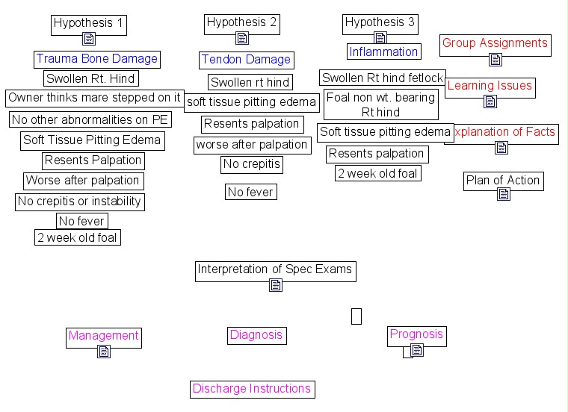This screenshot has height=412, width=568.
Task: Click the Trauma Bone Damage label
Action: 97,59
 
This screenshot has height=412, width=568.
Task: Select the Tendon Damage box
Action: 246,60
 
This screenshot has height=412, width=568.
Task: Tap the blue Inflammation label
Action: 383,51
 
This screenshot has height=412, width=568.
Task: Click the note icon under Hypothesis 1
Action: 89,39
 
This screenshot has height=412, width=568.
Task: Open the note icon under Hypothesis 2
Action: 241,38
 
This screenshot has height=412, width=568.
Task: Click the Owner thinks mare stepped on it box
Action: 94,98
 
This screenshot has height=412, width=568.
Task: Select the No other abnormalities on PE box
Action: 90,119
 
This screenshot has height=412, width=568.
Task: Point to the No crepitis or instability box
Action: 79,202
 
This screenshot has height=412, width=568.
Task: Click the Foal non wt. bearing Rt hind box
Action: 380,105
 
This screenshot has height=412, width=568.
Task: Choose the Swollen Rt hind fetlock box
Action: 383,78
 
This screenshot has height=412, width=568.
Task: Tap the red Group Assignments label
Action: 495,43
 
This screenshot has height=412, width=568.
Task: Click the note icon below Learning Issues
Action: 490,102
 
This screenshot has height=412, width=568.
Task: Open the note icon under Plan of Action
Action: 503,194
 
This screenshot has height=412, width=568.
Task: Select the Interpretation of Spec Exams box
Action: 274,269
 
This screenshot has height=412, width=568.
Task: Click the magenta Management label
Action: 103,336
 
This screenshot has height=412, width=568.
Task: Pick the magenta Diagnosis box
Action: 256,335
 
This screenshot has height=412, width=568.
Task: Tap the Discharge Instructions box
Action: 252,389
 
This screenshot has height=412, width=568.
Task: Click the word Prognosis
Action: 416,334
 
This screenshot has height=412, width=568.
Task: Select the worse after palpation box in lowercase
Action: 252,145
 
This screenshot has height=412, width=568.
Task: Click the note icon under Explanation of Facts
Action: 501,148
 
